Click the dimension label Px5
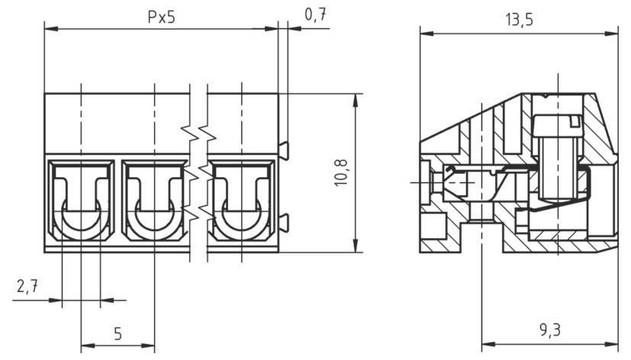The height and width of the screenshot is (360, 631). pos(162,17)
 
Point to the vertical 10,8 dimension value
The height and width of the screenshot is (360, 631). pos(341,172)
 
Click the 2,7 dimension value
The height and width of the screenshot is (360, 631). pos(27,287)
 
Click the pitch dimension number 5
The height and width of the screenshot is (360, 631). pos(118,333)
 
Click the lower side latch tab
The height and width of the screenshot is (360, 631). pos(283,223)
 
